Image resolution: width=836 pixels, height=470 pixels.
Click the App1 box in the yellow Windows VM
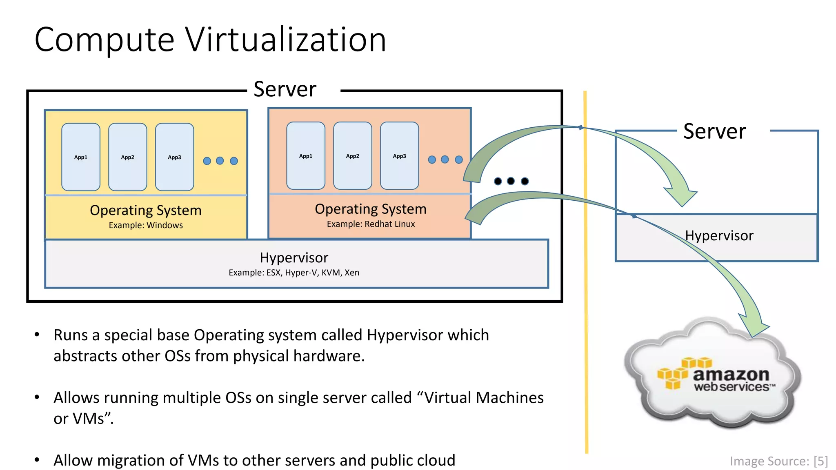click(x=81, y=157)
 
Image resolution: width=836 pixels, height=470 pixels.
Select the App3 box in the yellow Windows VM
click(x=174, y=157)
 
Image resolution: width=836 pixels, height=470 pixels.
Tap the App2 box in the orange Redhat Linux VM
click(x=353, y=156)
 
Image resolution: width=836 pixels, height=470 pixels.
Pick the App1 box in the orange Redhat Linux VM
click(x=306, y=156)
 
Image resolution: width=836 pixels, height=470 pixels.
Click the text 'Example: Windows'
click(x=146, y=225)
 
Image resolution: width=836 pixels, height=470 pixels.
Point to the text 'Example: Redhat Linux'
click(x=371, y=224)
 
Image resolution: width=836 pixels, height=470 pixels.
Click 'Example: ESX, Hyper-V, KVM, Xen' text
click(x=294, y=273)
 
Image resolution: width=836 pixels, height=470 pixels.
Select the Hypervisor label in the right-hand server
click(x=719, y=236)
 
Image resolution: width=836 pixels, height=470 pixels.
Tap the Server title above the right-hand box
click(x=714, y=131)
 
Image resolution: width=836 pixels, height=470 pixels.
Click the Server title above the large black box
click(x=285, y=89)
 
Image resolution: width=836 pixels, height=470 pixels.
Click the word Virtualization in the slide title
click(x=286, y=40)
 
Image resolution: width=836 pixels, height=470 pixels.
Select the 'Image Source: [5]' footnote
click(x=778, y=461)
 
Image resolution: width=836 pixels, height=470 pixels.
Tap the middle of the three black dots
click(x=511, y=181)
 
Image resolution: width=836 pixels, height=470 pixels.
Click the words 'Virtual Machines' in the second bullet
click(x=484, y=398)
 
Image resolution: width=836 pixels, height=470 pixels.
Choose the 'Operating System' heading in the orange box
click(x=371, y=209)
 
